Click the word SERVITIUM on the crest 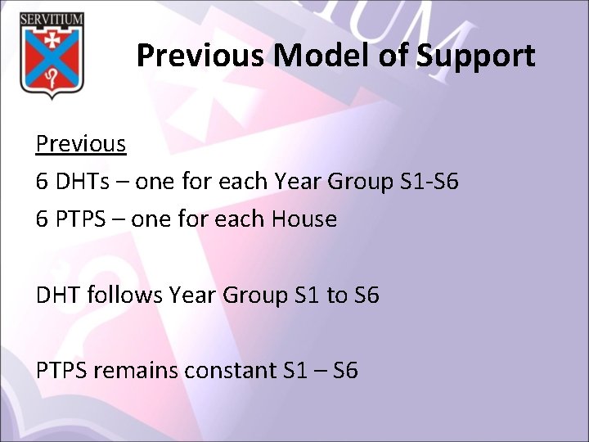51,18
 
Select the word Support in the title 475,56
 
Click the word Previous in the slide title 201,56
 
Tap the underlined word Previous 81,143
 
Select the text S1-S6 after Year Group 429,182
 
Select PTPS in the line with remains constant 62,371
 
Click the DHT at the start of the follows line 56,295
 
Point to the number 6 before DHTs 42,182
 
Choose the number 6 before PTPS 42,219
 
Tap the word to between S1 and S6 337,295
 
